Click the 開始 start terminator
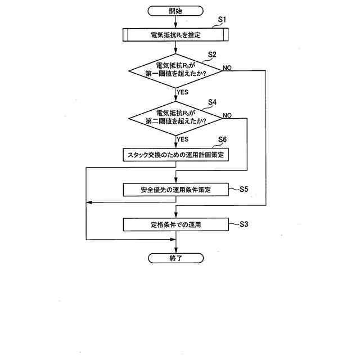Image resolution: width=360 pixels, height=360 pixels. (x=176, y=11)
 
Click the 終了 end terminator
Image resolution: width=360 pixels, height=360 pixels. (x=176, y=258)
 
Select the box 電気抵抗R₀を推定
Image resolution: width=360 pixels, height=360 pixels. (x=176, y=35)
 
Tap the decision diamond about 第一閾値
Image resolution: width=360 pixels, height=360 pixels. (x=176, y=70)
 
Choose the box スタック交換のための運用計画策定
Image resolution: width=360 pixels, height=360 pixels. (x=176, y=154)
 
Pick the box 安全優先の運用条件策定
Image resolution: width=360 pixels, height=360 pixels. (x=176, y=190)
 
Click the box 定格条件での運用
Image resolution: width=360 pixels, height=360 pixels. (x=176, y=224)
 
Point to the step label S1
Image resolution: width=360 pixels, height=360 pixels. (x=222, y=20)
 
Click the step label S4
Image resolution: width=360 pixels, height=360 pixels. (x=212, y=102)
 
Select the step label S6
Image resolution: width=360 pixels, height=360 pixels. (x=222, y=139)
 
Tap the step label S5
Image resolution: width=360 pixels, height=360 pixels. (x=244, y=189)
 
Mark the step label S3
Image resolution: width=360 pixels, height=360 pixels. (x=244, y=224)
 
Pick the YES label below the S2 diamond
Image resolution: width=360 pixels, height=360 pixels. (x=183, y=91)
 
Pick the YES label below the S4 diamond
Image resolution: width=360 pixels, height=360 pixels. (x=183, y=139)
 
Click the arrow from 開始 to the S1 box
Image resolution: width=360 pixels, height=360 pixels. (x=176, y=22)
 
